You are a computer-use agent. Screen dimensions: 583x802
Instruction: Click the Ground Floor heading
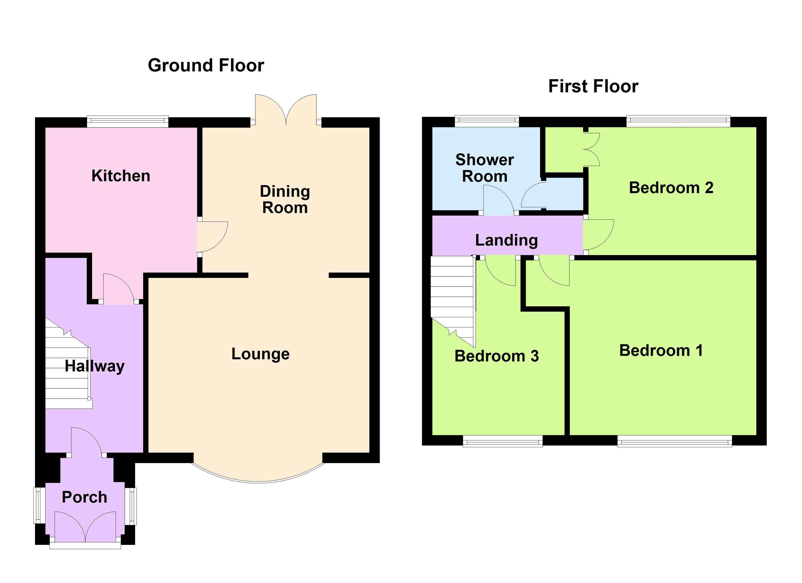pos(206,65)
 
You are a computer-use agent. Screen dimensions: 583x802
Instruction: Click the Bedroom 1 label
pos(661,350)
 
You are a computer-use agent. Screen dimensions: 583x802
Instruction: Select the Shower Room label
pos(484,168)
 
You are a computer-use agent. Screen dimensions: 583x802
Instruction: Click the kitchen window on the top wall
pos(128,122)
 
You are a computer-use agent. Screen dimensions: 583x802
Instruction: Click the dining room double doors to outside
pos(286,110)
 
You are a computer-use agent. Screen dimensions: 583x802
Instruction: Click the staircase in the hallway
pos(67,368)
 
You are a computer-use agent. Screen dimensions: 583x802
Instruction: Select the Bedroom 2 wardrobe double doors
pos(592,149)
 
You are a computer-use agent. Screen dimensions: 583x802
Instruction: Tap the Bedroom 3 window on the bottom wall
pos(503,441)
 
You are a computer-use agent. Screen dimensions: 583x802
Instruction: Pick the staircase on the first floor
pos(452,297)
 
